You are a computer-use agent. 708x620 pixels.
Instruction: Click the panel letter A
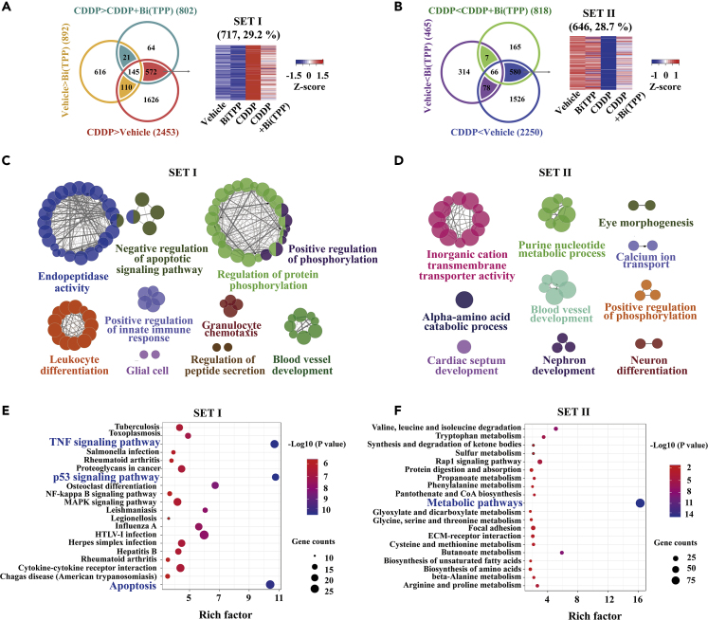[8, 9]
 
